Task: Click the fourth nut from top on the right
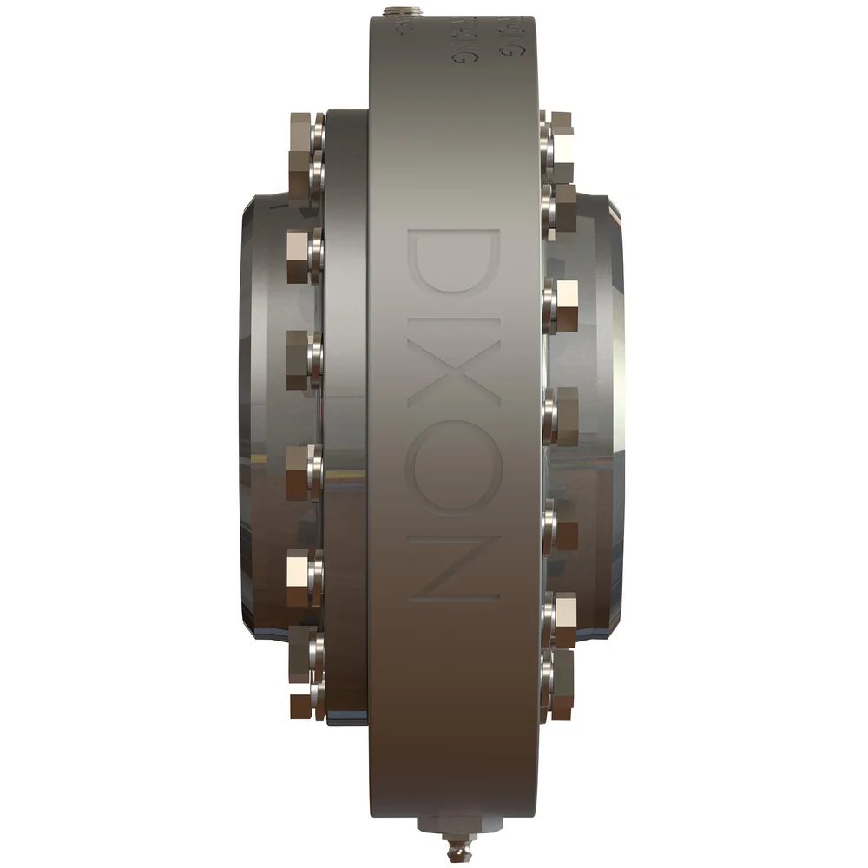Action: pyautogui.click(x=562, y=408)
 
